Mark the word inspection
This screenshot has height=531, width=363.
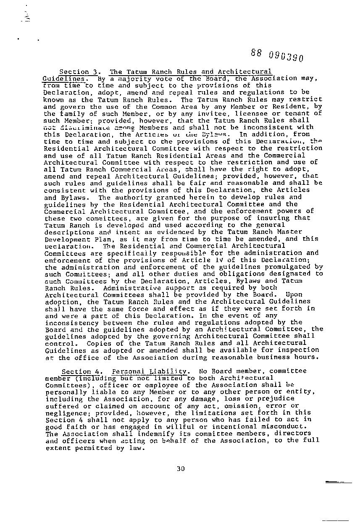click(x=301, y=350)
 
